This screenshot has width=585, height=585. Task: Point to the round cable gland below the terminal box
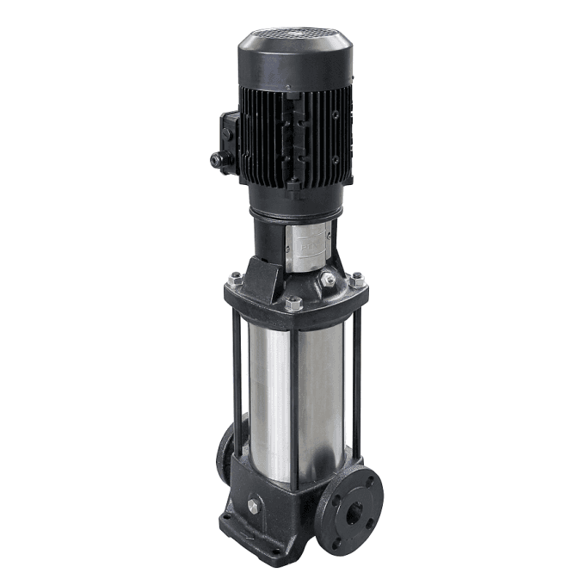coord(215,160)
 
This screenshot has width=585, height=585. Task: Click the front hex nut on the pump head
coord(293,303)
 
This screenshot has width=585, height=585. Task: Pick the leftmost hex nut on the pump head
coord(235,278)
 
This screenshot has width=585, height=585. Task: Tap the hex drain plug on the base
coord(256,506)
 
